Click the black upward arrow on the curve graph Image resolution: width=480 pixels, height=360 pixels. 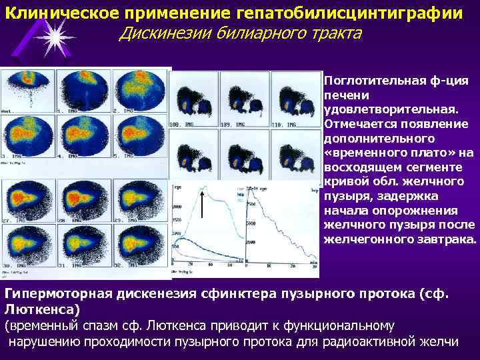pos(202,203)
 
